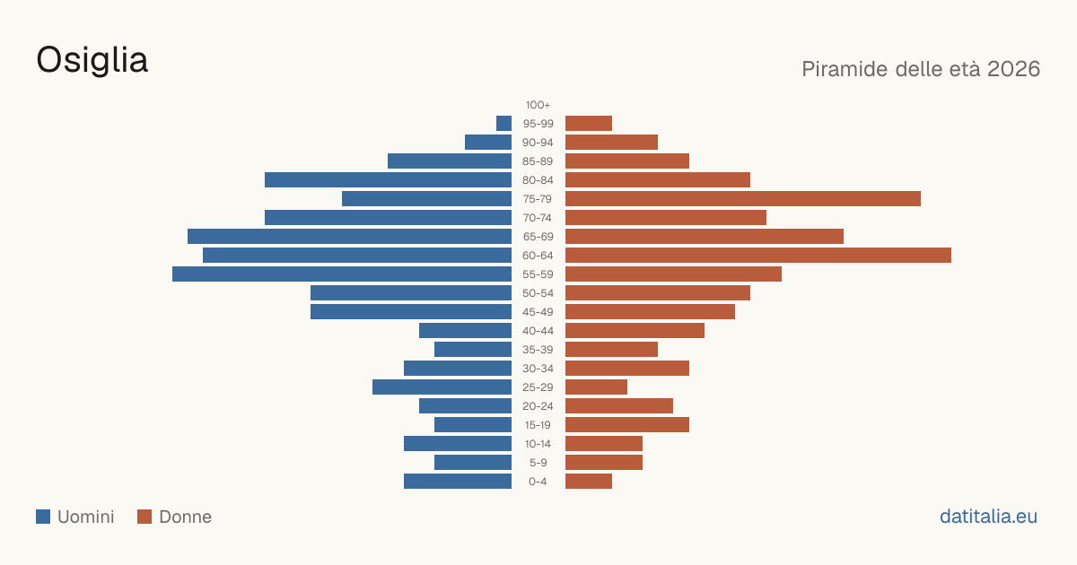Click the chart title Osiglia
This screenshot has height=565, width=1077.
tap(92, 61)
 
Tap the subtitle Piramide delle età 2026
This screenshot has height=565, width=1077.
tap(921, 69)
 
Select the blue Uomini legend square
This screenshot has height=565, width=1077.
tap(43, 517)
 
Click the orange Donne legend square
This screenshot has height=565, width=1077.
tap(144, 517)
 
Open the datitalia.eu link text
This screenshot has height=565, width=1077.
tap(988, 517)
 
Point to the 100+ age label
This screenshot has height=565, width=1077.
tap(538, 105)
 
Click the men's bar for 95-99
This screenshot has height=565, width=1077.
tap(503, 124)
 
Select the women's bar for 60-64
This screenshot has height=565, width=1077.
tap(758, 255)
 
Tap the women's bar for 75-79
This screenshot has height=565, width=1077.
tap(743, 199)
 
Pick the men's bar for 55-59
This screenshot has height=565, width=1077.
tap(342, 274)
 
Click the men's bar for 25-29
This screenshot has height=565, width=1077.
tap(442, 387)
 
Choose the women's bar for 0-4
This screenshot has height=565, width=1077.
tap(589, 482)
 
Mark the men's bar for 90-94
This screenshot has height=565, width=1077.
tap(488, 143)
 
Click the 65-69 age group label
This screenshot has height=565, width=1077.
tap(538, 237)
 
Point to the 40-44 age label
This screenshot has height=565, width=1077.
tap(538, 331)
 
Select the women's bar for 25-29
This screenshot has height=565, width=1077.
tap(596, 387)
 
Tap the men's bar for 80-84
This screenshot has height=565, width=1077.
tap(388, 179)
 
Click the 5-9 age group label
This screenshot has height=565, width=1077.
tap(538, 463)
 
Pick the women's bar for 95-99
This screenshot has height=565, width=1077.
tap(589, 124)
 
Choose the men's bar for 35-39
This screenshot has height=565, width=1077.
tap(473, 349)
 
